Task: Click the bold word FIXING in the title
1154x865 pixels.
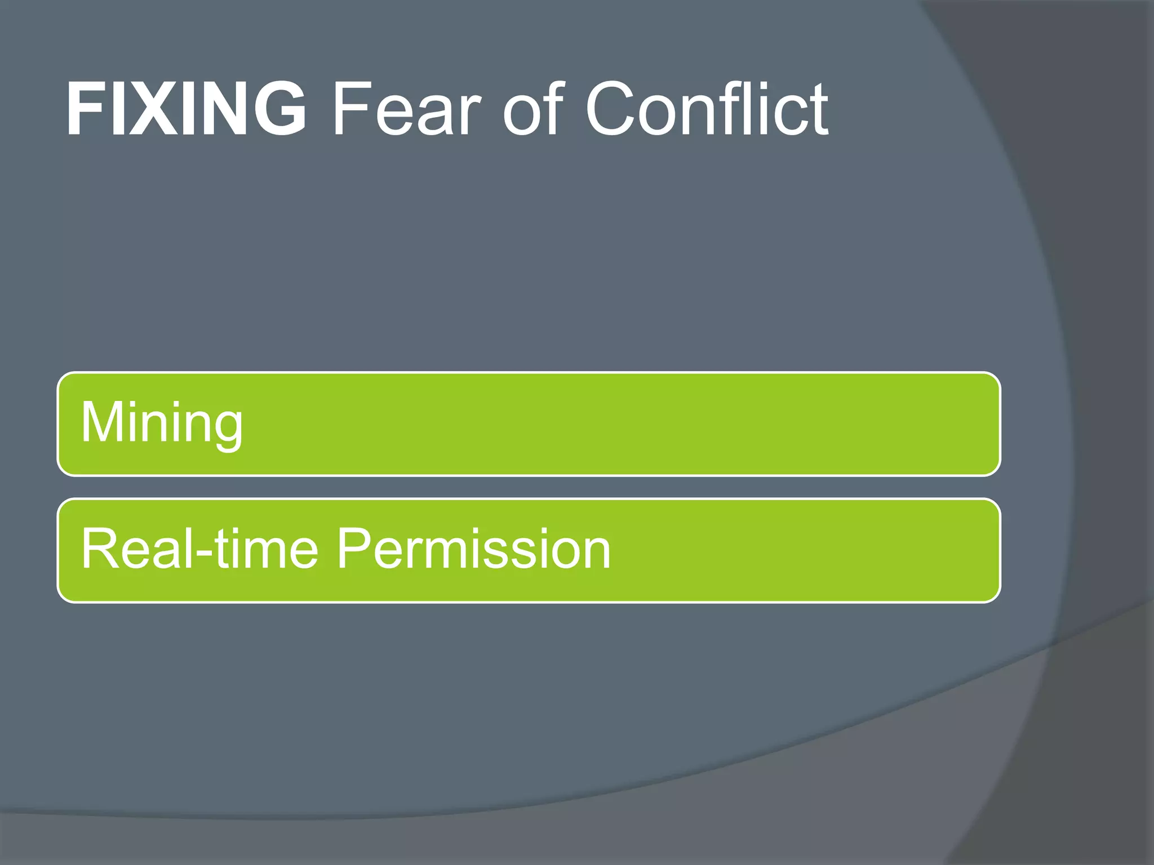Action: [186, 108]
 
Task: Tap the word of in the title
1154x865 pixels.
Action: [533, 108]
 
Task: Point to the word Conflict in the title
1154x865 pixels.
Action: [707, 108]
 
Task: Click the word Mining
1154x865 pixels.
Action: [162, 423]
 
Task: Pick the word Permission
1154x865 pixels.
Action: [473, 549]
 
